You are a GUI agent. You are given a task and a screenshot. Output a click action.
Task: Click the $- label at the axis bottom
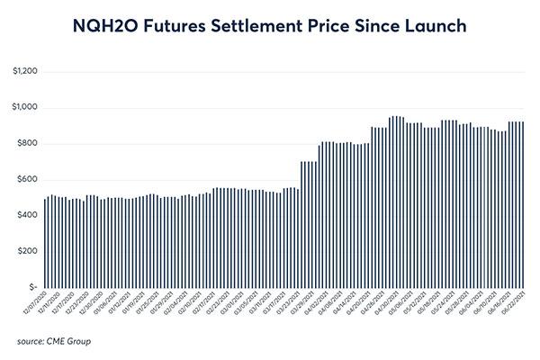coord(31,287)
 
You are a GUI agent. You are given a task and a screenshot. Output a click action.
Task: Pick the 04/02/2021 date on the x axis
coord(325,304)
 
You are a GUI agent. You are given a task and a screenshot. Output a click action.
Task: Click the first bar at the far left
coord(45,243)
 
